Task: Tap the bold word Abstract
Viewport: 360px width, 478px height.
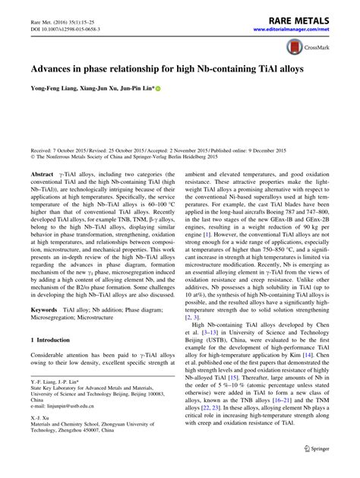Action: [x=42, y=174]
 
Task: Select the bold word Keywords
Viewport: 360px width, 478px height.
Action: [x=45, y=312]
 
